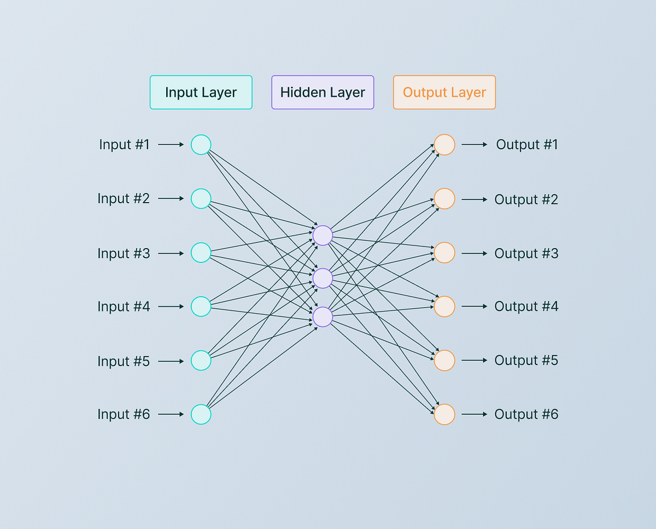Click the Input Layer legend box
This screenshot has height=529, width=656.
[201, 92]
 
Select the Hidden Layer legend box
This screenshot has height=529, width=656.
[323, 92]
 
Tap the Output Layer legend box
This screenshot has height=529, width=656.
[444, 92]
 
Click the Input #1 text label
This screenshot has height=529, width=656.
[124, 145]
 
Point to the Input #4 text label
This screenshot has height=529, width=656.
[124, 307]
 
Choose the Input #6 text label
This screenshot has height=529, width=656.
[124, 414]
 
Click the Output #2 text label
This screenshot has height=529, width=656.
[526, 199]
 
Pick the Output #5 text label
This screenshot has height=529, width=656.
[526, 361]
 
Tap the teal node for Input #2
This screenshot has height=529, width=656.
[201, 198]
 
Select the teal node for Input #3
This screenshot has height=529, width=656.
[201, 252]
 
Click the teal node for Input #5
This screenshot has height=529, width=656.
[201, 361]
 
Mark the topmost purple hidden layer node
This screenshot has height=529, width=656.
[323, 235]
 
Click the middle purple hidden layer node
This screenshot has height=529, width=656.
[323, 278]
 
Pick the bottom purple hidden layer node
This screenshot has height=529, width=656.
[323, 316]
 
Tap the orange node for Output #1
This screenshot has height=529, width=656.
[444, 145]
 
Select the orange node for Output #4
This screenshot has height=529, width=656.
[444, 306]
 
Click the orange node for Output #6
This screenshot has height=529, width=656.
[444, 414]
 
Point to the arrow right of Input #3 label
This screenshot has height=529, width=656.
[171, 253]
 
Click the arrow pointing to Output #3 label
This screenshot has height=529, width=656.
[474, 253]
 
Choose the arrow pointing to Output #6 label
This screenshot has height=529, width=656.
[474, 414]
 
